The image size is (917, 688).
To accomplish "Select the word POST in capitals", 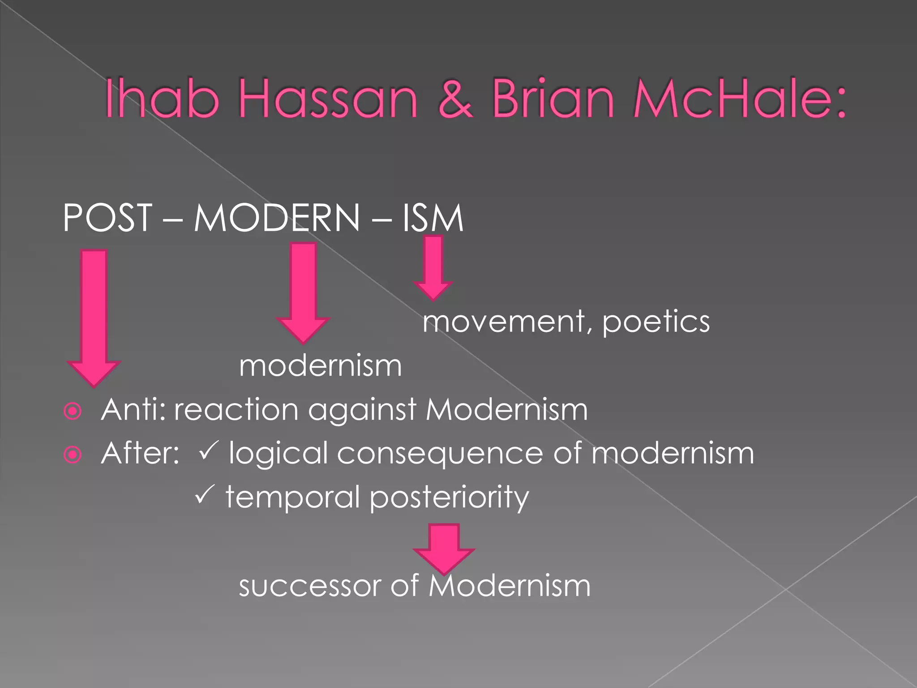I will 107,218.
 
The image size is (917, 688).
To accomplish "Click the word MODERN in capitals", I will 277,218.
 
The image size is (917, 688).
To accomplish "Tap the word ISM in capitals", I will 433,218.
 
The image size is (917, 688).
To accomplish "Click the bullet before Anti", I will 73,411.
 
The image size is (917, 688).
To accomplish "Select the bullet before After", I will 73,455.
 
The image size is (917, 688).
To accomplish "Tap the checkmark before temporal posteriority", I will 205,494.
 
